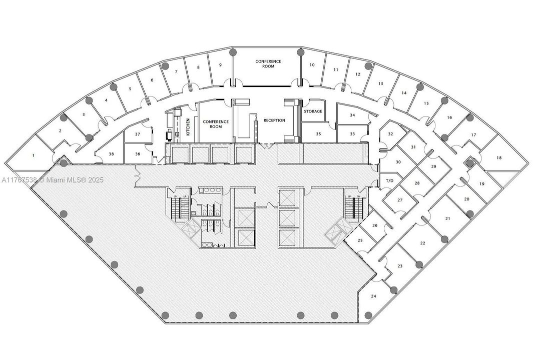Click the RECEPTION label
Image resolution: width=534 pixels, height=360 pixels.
pyautogui.click(x=274, y=120)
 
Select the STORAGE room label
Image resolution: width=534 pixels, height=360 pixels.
pyautogui.click(x=313, y=111)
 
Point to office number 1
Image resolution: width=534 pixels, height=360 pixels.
pyautogui.click(x=34, y=155)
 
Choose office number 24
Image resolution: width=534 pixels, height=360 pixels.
pyautogui.click(x=373, y=296)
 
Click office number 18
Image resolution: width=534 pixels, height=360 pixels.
pyautogui.click(x=498, y=158)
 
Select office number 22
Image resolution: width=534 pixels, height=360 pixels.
pyautogui.click(x=422, y=243)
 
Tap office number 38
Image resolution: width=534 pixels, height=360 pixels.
pyautogui.click(x=111, y=154)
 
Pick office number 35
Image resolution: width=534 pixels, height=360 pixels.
pyautogui.click(x=318, y=134)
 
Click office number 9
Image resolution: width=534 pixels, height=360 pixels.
pyautogui.click(x=220, y=65)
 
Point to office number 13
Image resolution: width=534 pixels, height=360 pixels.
pyautogui.click(x=380, y=83)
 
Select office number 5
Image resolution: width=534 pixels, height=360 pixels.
pyautogui.click(x=130, y=89)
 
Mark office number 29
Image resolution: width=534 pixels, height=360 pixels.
pyautogui.click(x=433, y=166)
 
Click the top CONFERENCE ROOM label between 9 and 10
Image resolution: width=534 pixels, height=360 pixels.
pyautogui.click(x=268, y=64)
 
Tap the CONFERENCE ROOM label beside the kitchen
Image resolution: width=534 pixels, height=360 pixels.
pyautogui.click(x=216, y=124)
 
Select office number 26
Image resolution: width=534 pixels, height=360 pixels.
pyautogui.click(x=375, y=225)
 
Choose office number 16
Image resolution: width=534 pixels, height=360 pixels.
pyautogui.click(x=449, y=118)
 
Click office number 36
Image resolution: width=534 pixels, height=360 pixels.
pyautogui.click(x=137, y=154)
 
